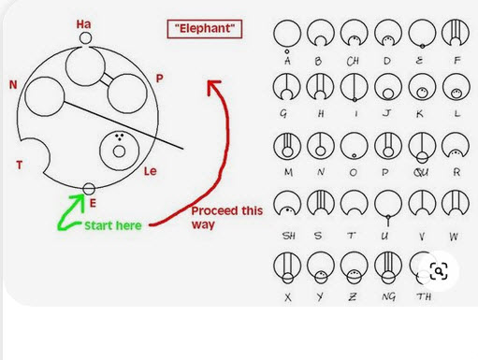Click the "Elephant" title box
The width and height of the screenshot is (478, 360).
click(205, 29)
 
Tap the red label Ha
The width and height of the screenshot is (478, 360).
click(83, 24)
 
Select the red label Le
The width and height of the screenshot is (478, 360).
click(150, 171)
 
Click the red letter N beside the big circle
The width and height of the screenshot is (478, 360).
click(13, 84)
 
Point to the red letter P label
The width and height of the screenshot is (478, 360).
click(159, 79)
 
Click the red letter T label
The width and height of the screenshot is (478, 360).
click(20, 165)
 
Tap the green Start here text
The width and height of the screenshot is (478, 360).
click(113, 225)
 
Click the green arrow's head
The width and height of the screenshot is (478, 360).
click(79, 200)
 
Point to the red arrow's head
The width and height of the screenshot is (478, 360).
click(213, 87)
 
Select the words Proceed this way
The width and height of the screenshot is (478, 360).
click(227, 217)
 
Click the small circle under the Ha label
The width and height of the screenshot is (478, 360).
click(85, 38)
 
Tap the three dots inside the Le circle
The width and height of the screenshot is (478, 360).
click(120, 137)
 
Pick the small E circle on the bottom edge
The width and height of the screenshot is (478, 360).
click(89, 189)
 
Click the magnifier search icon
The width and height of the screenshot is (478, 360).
click(439, 271)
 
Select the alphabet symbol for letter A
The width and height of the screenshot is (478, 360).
click(287, 36)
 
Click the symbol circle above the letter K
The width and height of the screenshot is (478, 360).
click(422, 87)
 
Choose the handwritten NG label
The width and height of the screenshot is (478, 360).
click(388, 296)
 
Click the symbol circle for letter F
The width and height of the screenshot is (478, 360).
click(456, 33)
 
